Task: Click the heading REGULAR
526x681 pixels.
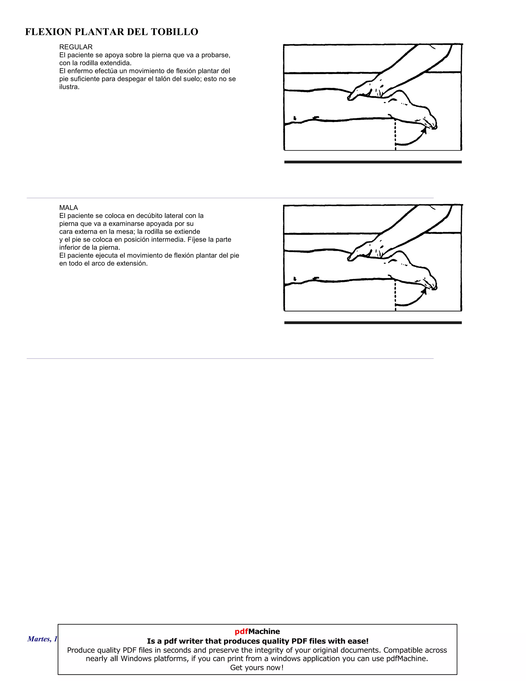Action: [76, 47]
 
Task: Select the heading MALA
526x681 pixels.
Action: [69, 208]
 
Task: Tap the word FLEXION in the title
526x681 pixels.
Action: [48, 32]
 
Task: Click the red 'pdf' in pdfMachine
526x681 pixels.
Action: [241, 631]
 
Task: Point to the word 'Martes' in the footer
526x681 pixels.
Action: [38, 639]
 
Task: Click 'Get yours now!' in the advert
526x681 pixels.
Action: [257, 668]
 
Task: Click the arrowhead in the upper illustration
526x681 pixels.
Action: [424, 130]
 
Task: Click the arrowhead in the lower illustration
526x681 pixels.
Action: [424, 291]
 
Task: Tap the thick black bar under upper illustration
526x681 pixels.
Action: [373, 162]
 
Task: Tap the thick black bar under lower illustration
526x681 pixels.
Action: [373, 323]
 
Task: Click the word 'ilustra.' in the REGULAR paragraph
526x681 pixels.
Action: [69, 87]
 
